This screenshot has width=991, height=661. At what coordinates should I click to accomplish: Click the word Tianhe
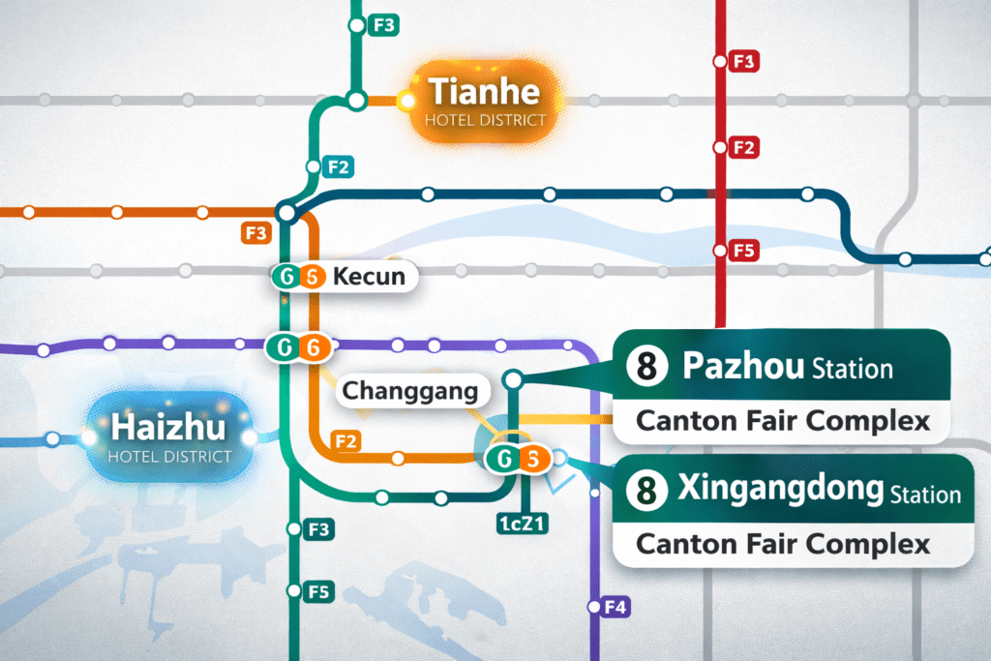[x=484, y=93]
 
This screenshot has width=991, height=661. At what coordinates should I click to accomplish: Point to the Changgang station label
[x=411, y=392]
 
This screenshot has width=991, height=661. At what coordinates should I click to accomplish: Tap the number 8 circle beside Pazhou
[x=646, y=367]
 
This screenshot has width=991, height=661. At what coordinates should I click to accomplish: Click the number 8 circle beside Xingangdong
[x=646, y=491]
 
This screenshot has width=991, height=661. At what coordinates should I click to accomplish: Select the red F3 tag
[x=744, y=62]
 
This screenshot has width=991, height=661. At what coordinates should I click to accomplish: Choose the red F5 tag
[x=744, y=252]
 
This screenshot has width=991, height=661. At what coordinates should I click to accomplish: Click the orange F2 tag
[x=345, y=442]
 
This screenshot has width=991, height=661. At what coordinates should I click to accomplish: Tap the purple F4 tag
[x=616, y=608]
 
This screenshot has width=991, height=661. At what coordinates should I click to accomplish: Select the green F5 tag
[x=318, y=591]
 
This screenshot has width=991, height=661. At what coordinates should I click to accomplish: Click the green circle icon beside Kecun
[x=286, y=277]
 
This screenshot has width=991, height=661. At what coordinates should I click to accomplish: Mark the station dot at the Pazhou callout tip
[x=513, y=378]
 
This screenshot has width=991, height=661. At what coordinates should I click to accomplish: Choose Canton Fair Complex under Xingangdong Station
[x=782, y=544]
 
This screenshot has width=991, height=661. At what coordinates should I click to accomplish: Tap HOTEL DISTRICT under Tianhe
[x=485, y=121]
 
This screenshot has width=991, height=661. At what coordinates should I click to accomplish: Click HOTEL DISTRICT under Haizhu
[x=169, y=456]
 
